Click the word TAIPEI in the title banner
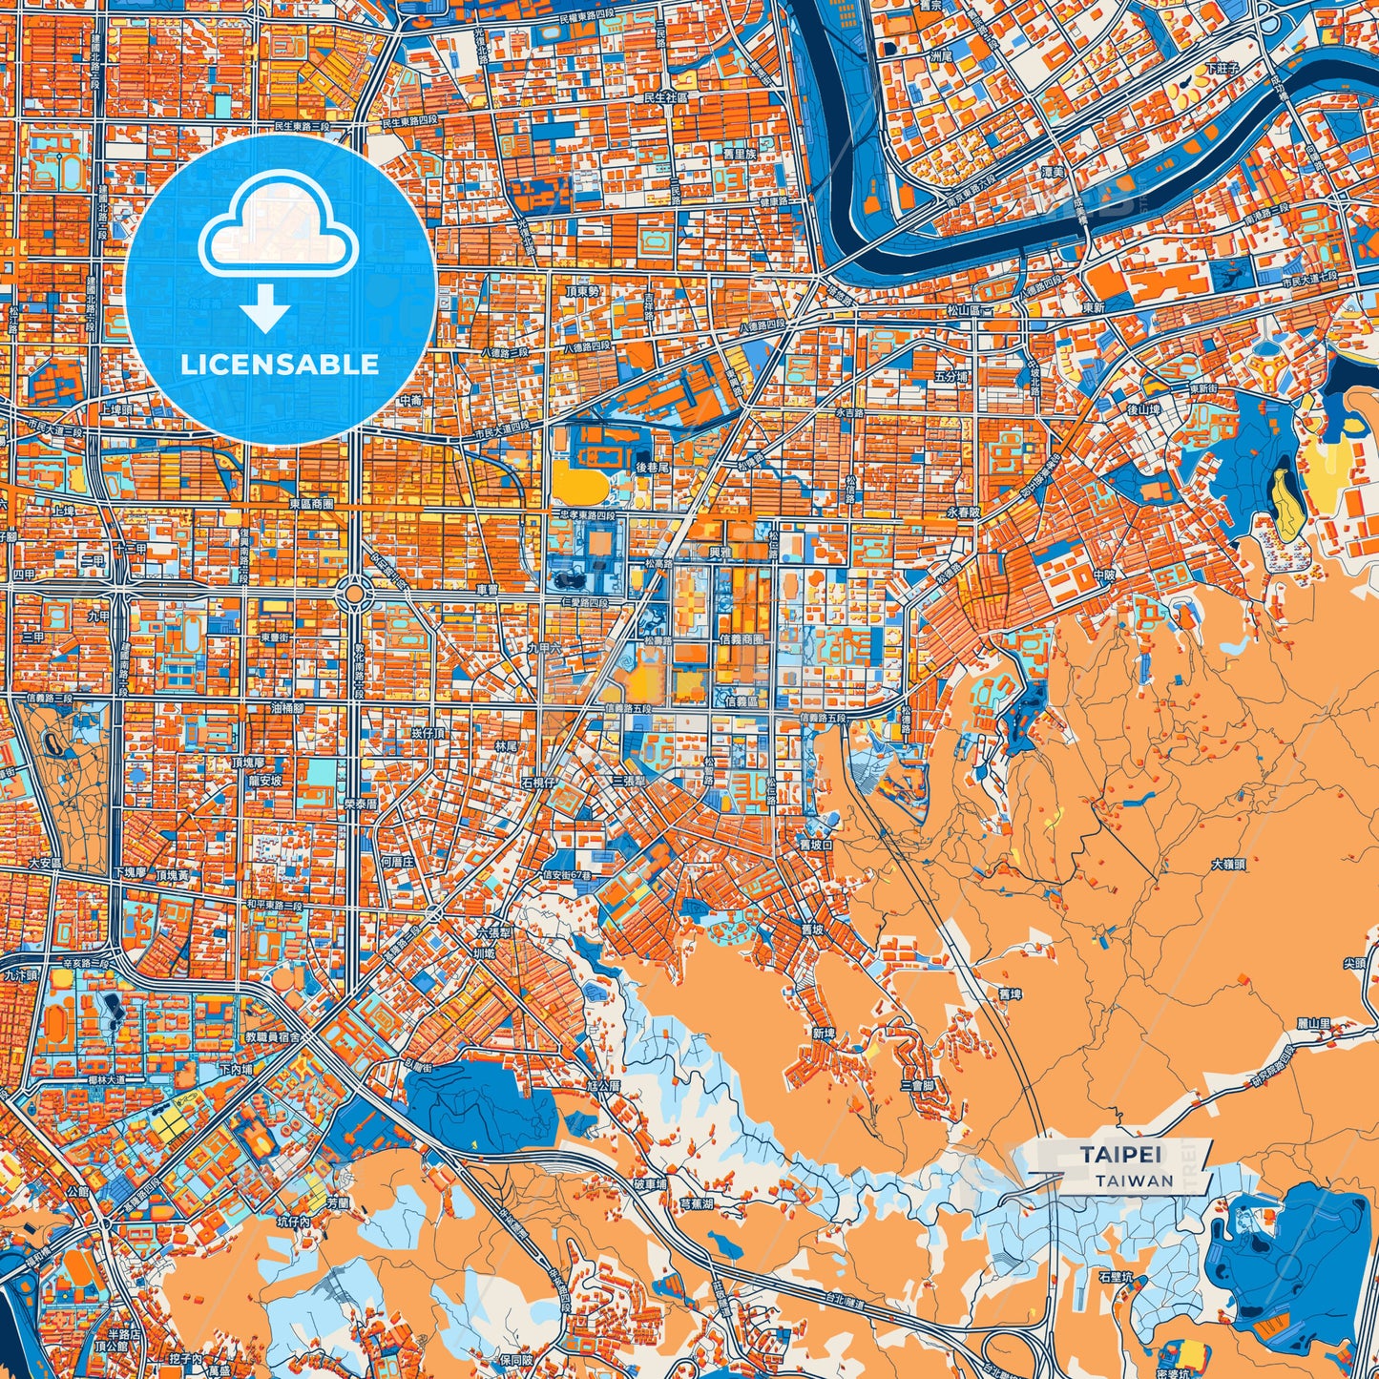[1121, 1155]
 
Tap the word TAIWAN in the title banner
[1135, 1181]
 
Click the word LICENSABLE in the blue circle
[281, 364]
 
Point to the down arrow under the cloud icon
[265, 311]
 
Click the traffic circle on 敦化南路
[354, 595]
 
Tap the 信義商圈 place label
[745, 640]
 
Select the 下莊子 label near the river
[1221, 68]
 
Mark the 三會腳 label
[916, 1086]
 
